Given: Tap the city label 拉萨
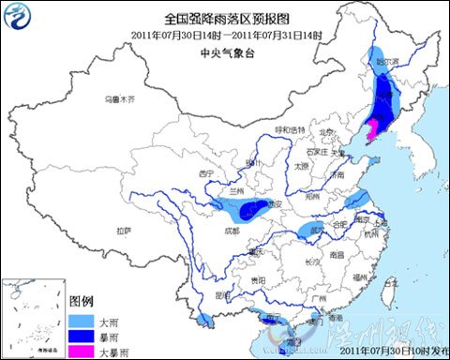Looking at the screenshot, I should [124, 230].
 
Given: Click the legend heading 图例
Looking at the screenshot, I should [82, 303].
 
